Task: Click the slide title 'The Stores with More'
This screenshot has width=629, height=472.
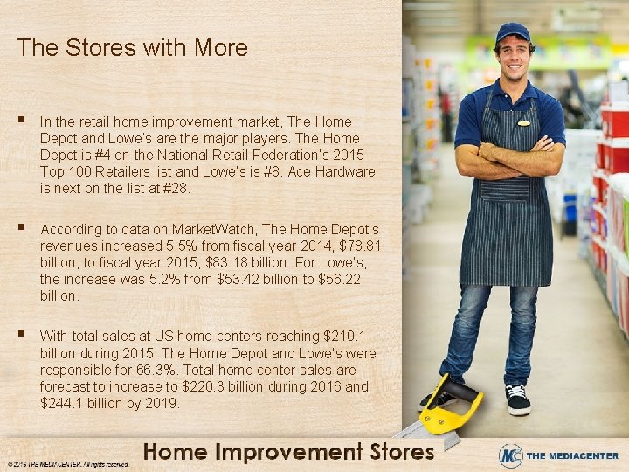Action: point(132,47)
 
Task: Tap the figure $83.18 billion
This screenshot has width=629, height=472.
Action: point(253,262)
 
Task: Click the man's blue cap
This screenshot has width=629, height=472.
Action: point(512,33)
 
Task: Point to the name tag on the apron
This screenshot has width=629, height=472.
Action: point(524,123)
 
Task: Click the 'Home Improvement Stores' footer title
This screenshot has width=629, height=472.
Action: point(288,452)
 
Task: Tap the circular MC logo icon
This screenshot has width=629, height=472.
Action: point(511,455)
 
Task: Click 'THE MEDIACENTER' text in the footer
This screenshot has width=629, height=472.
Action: point(573,455)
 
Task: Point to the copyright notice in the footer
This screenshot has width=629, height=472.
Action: point(67,464)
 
